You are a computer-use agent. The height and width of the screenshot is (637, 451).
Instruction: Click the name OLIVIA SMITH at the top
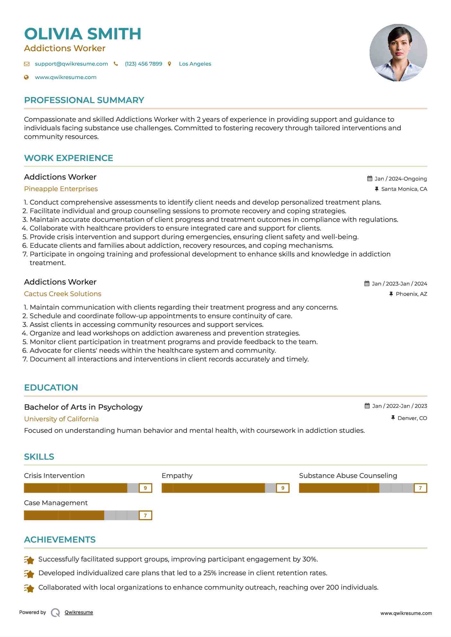point(83,34)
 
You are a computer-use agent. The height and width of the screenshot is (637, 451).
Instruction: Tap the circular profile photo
point(398,52)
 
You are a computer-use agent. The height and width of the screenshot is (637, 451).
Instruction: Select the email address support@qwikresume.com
point(71,64)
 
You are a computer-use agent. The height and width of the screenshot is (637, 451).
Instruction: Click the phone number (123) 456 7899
point(143,64)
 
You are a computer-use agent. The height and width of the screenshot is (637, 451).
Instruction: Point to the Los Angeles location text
point(195,64)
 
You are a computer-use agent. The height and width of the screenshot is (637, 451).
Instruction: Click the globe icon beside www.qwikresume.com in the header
point(27,77)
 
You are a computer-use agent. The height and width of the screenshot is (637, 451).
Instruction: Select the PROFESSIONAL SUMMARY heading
point(84,100)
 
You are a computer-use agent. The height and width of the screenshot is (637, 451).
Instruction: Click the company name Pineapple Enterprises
point(61,189)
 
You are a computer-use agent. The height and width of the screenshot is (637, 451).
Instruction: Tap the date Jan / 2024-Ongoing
point(400,179)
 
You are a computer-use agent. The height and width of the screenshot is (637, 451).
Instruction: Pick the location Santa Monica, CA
point(404,189)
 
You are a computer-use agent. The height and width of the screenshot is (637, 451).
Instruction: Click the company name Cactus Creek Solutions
point(63,294)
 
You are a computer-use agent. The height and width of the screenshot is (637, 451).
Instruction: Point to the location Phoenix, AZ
point(411,294)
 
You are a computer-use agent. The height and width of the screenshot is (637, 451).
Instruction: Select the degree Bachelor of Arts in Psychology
point(83,407)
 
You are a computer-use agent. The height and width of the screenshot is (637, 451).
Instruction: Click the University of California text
point(61,419)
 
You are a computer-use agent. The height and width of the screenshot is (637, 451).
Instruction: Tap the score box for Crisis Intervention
point(145,488)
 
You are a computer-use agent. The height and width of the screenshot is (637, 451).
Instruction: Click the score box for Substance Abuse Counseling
point(420,488)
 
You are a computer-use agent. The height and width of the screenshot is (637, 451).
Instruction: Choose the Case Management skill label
point(56,503)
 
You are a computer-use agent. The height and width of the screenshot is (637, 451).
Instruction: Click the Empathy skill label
point(177,476)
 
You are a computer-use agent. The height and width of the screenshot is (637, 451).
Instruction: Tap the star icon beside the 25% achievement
point(29,574)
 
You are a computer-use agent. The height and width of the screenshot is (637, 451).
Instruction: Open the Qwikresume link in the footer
point(79,612)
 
